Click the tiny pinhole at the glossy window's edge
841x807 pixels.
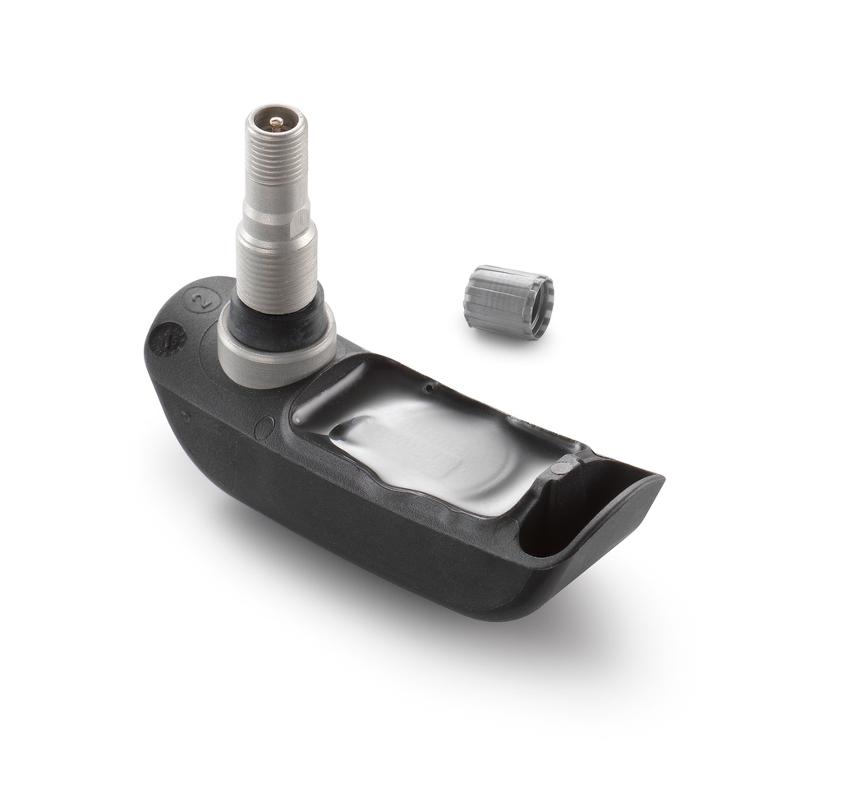[429, 385]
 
